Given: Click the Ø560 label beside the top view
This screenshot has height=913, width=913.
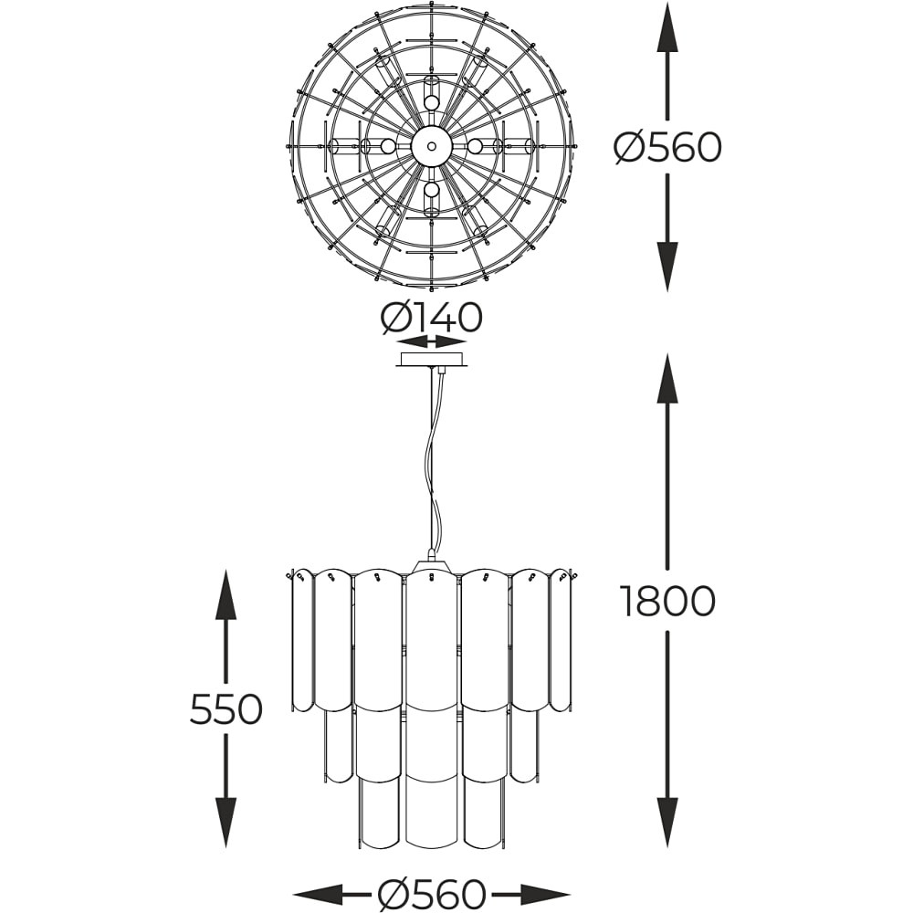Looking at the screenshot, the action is click(x=667, y=147).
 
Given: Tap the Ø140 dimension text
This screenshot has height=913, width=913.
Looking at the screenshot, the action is click(x=432, y=318).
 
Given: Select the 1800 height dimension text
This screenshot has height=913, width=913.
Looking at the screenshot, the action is click(x=667, y=601).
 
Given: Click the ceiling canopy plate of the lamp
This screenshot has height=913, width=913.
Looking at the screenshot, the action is click(x=432, y=361).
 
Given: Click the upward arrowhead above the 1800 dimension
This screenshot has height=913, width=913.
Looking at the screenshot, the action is click(x=667, y=377).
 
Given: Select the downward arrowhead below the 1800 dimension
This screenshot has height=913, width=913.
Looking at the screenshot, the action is click(x=667, y=823).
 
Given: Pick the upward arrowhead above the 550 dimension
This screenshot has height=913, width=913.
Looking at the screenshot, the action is click(x=226, y=594).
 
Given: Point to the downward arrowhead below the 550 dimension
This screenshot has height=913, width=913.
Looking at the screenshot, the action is click(x=226, y=823).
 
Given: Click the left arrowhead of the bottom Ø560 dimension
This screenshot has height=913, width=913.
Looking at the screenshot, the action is click(x=318, y=893).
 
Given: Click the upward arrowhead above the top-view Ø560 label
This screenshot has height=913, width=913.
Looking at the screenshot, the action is click(x=667, y=28).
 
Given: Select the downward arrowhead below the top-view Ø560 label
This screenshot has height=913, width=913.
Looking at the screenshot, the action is click(x=667, y=266).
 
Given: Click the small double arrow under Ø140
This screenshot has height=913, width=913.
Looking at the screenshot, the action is click(x=432, y=341).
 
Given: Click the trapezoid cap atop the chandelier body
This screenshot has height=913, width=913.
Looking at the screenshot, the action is click(x=432, y=566).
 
